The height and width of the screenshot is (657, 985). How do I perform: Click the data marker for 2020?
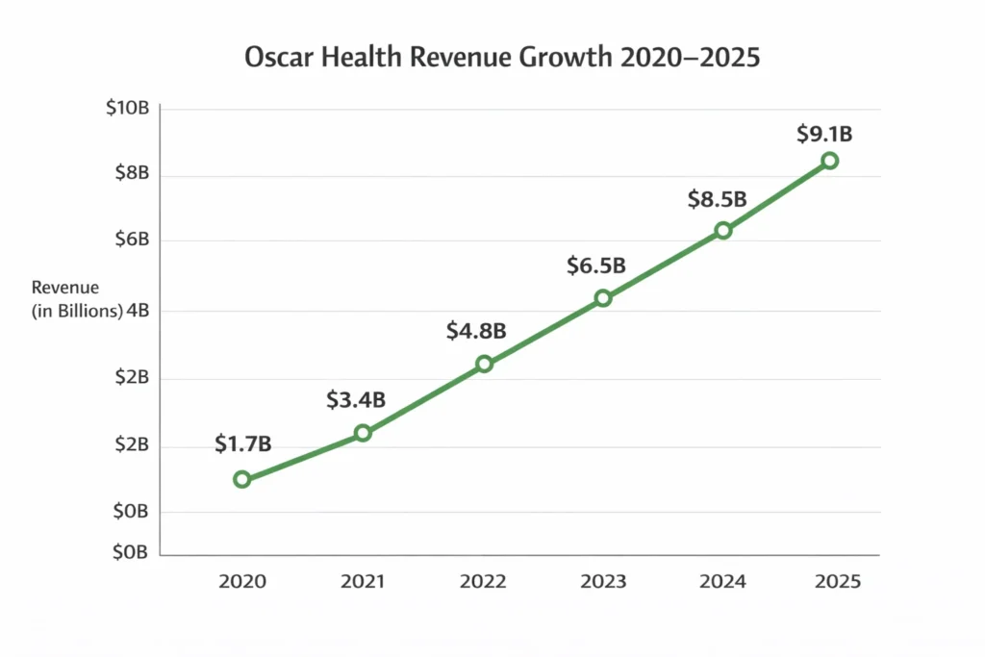(x=242, y=479)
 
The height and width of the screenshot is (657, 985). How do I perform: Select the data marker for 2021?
(x=363, y=433)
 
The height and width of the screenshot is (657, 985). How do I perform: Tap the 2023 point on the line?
(x=603, y=298)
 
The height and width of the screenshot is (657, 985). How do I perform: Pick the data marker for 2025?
(x=829, y=161)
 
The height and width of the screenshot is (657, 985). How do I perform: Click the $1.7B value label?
(x=242, y=443)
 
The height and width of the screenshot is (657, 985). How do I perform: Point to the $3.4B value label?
(x=356, y=398)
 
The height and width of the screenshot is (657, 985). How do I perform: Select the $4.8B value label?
(x=476, y=331)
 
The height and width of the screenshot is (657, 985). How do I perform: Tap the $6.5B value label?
(x=596, y=265)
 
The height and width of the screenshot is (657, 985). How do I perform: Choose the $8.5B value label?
(x=717, y=199)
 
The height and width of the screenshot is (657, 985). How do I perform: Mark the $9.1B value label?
(x=824, y=134)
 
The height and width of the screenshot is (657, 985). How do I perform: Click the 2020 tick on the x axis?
(x=242, y=582)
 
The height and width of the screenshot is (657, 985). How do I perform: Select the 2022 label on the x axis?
(x=483, y=582)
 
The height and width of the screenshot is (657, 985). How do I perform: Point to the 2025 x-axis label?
(x=838, y=582)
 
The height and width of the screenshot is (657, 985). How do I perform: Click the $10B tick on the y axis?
(x=127, y=108)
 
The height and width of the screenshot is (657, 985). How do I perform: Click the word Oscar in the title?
(x=280, y=57)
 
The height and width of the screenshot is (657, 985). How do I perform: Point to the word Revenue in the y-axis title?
(x=65, y=288)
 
